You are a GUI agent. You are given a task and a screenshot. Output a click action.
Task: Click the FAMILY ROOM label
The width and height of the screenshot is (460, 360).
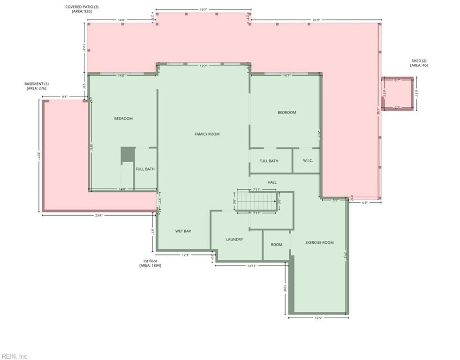click(207, 134)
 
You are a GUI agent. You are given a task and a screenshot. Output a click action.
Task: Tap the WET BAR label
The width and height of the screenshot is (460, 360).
click(183, 231)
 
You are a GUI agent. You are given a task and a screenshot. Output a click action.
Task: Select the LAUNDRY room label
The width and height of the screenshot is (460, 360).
click(234, 240)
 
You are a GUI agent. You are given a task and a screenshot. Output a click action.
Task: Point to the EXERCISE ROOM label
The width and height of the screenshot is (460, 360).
click(319, 243)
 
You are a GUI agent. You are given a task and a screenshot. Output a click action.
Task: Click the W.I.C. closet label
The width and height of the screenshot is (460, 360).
click(308, 161)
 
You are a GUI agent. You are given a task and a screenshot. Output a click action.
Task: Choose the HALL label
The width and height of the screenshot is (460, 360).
click(272, 182)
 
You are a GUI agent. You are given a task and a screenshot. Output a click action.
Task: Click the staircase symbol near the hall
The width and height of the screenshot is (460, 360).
click(256, 202)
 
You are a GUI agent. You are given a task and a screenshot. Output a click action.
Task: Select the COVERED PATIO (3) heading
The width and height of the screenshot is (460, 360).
click(82, 7)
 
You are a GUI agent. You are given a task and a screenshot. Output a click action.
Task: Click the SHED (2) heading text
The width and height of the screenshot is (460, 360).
click(419, 61)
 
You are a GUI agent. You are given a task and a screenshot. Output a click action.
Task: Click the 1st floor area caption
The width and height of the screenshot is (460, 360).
click(150, 261)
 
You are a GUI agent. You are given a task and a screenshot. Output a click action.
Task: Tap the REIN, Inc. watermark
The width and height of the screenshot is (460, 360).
click(15, 356)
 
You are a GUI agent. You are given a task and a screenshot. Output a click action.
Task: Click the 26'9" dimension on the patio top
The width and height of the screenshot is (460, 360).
click(316, 20)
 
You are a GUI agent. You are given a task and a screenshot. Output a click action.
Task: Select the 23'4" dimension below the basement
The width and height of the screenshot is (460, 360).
click(99, 215)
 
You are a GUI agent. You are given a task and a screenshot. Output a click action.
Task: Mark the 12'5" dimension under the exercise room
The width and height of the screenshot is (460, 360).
click(318, 318)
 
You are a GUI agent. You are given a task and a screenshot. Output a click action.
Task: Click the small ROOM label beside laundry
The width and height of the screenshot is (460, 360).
click(276, 245)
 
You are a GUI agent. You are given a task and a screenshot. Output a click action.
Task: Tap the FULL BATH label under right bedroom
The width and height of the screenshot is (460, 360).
click(269, 161)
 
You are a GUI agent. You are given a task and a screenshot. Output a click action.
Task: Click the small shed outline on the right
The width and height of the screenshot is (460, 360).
click(398, 94)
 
